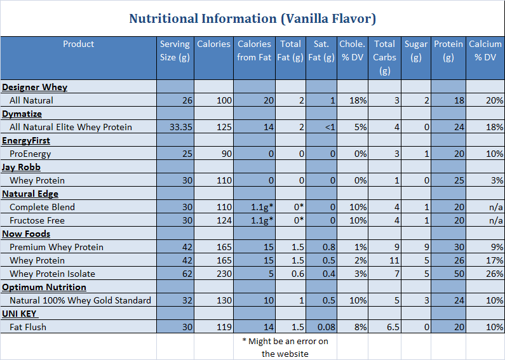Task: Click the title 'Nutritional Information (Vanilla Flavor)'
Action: point(252,18)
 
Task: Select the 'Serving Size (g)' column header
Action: point(175,51)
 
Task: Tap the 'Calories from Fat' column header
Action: point(254,51)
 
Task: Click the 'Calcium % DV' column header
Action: point(485,51)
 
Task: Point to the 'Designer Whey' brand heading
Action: point(34,87)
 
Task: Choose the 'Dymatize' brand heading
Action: point(22,114)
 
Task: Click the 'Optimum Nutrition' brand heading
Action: point(44,287)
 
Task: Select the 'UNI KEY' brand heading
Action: point(20,314)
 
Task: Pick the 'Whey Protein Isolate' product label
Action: point(52,274)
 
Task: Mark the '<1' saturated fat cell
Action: point(329,127)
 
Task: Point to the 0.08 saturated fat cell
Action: point(325,327)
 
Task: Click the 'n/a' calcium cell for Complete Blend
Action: point(495,207)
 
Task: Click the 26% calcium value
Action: point(494,274)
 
